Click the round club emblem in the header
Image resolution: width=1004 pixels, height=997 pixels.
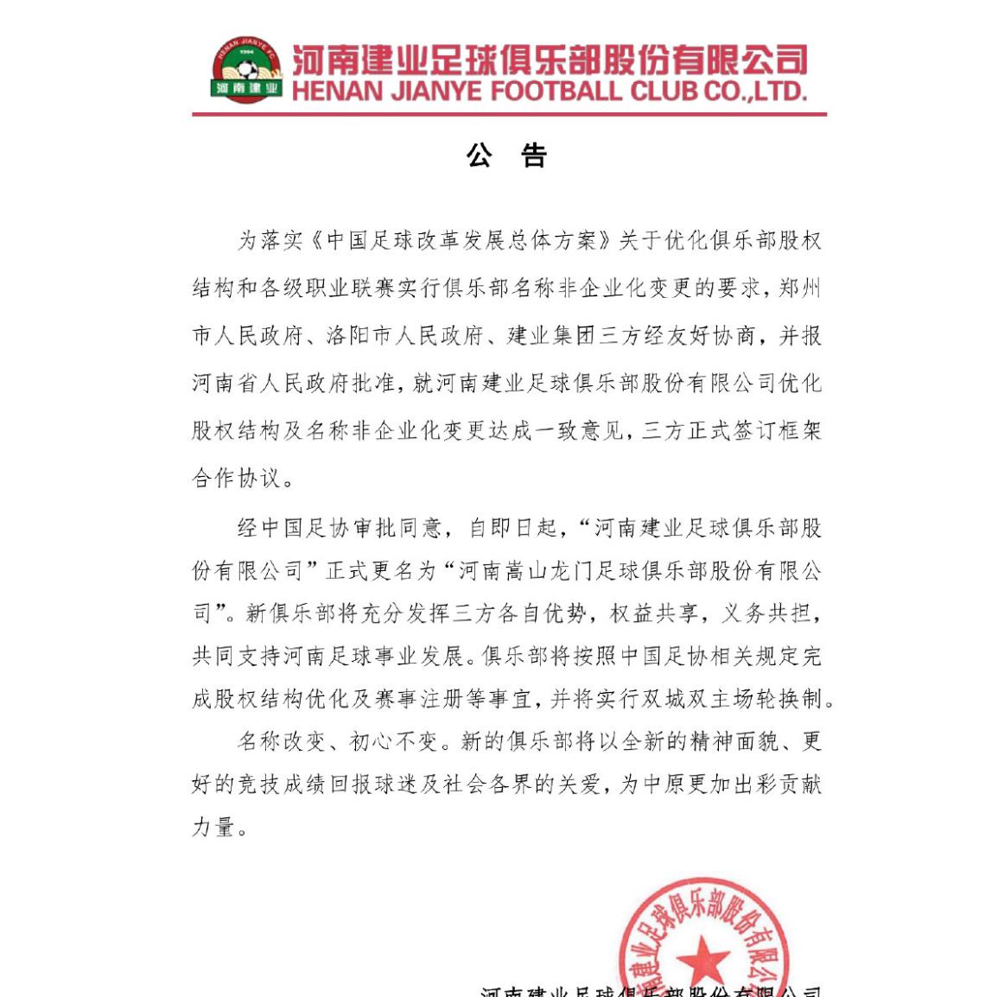pos(247,69)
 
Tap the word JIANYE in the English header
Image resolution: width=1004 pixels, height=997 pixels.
pos(436,92)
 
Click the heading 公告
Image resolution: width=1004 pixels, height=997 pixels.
pos(507,156)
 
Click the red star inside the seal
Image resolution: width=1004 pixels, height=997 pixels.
pos(702,960)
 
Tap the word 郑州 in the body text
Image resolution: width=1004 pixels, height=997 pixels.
pos(799,288)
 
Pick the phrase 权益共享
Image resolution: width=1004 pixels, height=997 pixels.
pos(654,613)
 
